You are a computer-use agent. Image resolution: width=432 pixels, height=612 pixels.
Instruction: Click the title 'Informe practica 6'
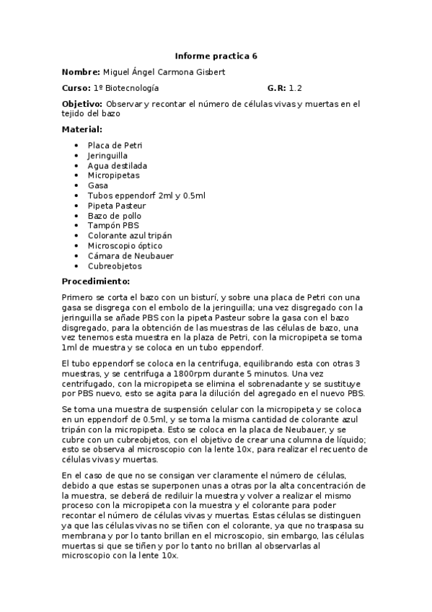216,56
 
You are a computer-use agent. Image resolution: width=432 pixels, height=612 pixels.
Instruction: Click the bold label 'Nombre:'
80,72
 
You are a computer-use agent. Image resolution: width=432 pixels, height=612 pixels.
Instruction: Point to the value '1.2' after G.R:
296,88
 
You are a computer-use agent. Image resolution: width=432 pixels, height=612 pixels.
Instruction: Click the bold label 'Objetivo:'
83,104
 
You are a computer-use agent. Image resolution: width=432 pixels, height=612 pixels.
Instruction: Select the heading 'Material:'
81,129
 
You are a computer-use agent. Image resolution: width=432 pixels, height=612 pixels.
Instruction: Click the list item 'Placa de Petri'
115,145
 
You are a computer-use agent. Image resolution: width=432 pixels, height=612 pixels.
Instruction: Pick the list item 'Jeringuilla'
108,155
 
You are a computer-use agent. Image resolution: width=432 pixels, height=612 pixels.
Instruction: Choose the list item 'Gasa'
98,185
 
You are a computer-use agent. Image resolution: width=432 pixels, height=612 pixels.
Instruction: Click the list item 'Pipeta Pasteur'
117,206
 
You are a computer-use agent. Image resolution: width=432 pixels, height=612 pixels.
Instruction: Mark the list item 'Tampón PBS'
113,226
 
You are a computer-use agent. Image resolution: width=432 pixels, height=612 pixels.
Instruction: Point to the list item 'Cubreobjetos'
115,266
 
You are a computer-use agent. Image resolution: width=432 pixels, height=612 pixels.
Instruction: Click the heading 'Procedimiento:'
95,281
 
